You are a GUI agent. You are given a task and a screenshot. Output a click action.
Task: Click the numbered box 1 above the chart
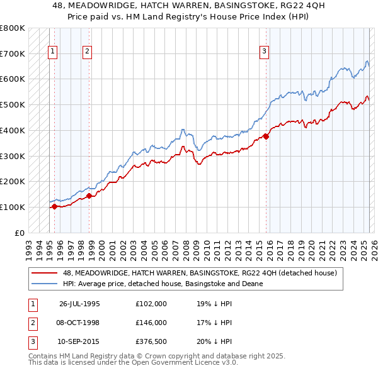(x=52, y=52)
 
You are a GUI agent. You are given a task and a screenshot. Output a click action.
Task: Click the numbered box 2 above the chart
(x=87, y=52)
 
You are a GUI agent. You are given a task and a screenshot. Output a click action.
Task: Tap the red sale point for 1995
(x=55, y=206)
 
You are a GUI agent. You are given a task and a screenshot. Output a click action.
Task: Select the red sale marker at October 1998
(x=89, y=195)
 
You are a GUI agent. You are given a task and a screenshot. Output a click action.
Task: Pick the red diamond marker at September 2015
(x=266, y=136)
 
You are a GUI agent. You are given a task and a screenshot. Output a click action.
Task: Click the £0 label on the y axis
(x=19, y=233)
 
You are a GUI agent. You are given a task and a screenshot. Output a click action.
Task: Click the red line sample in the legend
(x=45, y=273)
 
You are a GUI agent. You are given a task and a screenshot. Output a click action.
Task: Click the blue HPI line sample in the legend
(x=45, y=284)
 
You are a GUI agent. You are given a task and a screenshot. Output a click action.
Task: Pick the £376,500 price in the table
(x=152, y=342)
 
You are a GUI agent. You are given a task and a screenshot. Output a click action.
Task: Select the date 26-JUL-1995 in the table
(x=79, y=304)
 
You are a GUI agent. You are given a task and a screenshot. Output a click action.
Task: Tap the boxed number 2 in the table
(x=31, y=323)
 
